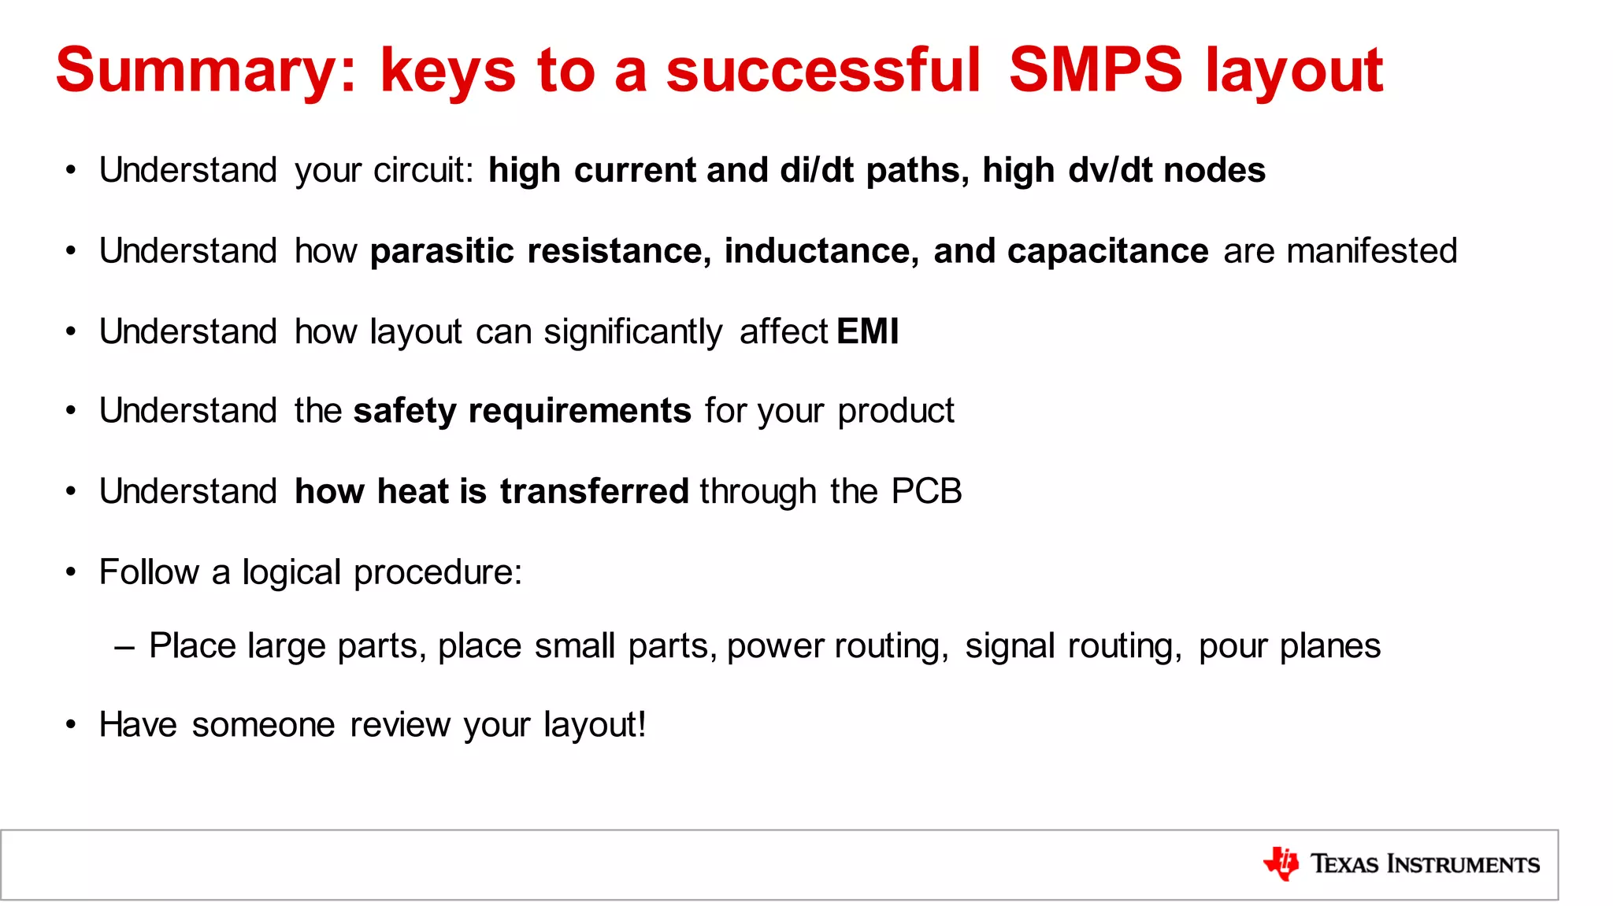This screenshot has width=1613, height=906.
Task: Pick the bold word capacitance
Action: click(x=1107, y=251)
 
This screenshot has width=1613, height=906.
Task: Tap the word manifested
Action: click(x=1371, y=251)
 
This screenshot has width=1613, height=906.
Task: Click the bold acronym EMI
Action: click(x=867, y=331)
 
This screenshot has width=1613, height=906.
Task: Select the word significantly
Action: click(x=632, y=332)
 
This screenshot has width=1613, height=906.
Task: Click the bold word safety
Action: click(x=405, y=411)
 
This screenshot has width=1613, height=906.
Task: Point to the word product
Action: click(x=895, y=411)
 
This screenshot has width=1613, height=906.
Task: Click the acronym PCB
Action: click(x=926, y=491)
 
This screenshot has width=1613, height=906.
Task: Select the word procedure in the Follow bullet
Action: click(x=437, y=573)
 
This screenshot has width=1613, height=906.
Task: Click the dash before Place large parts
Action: click(x=124, y=647)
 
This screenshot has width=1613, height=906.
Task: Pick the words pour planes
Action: click(x=1289, y=646)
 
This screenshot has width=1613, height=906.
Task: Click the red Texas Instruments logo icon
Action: click(x=1281, y=863)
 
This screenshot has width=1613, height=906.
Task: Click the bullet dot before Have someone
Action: click(x=71, y=724)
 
